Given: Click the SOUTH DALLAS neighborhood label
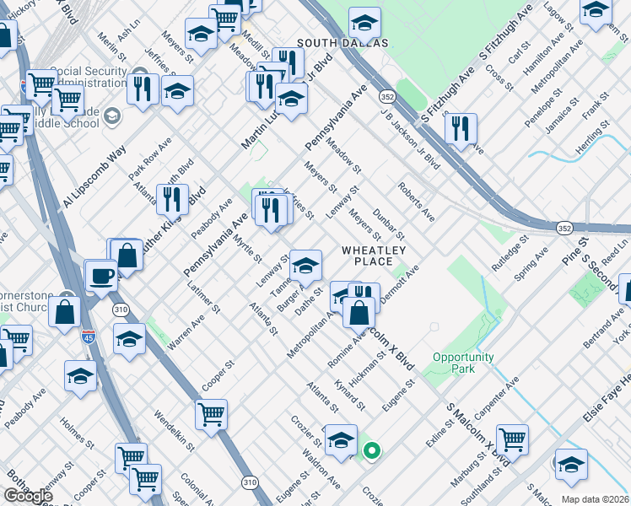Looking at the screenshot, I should click(x=342, y=43).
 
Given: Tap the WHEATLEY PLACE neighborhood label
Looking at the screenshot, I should click(x=374, y=256).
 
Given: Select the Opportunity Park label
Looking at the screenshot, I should click(x=463, y=363).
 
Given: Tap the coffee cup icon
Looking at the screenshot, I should click(x=101, y=275).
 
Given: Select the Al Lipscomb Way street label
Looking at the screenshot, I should click(x=94, y=176).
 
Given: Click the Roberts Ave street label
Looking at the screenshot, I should click(x=416, y=202).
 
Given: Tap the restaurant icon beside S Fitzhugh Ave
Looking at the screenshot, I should click(x=461, y=128).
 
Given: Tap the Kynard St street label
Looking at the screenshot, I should click(x=349, y=394).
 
